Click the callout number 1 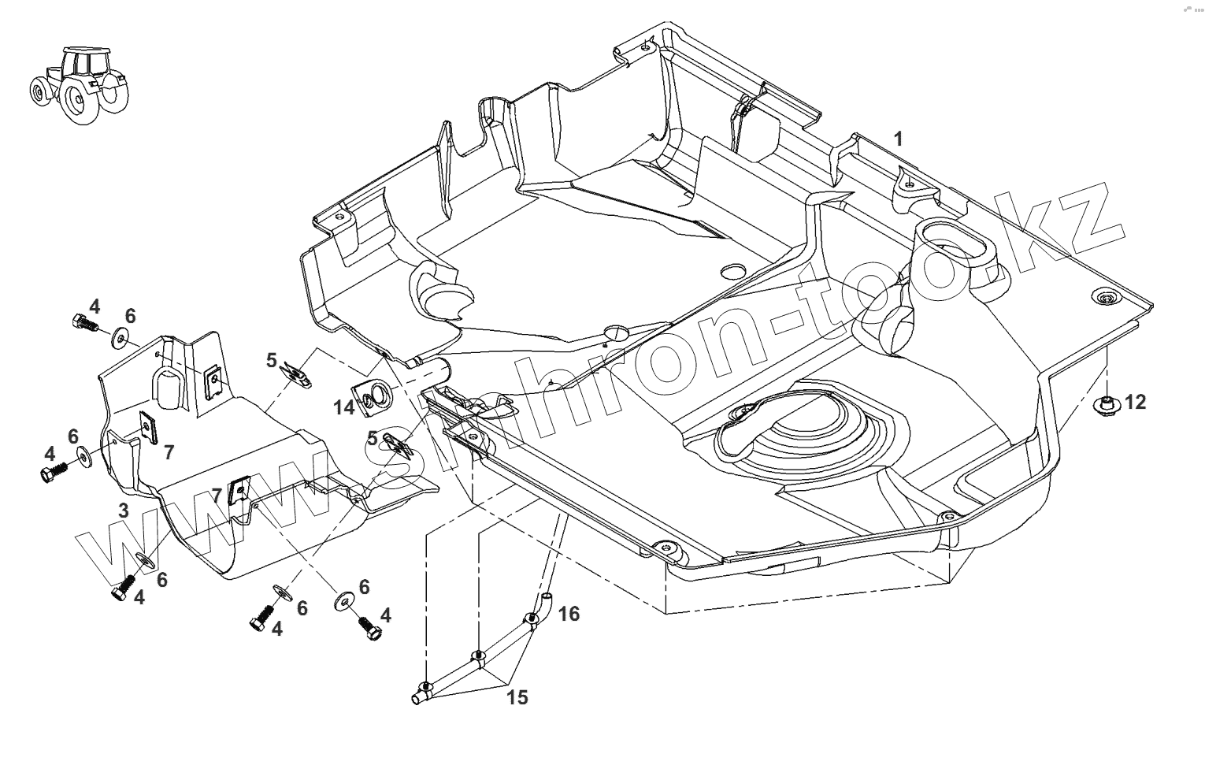898,139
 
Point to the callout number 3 124,511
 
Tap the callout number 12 1135,402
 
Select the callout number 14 344,407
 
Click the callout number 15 517,696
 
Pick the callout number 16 569,613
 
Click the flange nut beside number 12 1107,404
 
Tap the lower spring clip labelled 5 400,447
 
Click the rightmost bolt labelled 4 369,628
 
